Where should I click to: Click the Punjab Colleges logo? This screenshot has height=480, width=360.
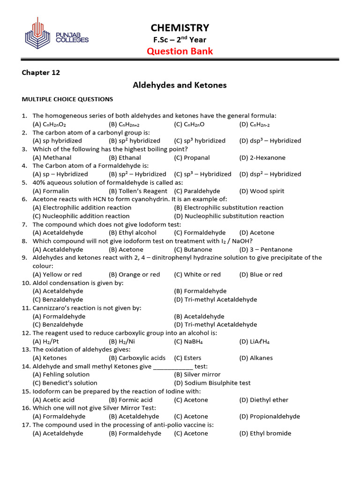(56, 33)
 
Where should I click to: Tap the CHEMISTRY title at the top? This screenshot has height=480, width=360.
(180, 28)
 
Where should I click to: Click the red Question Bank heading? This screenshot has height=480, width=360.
(180, 51)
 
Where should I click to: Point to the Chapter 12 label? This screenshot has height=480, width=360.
(41, 73)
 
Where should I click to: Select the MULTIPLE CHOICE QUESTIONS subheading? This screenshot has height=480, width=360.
(67, 99)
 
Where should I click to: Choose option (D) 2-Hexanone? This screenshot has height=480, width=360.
(262, 157)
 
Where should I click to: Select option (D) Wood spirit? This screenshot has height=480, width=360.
(262, 191)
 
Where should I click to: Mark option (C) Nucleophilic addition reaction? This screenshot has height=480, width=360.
(81, 216)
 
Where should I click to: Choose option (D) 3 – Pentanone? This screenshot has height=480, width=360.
(265, 249)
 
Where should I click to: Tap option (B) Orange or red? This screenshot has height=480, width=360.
(134, 275)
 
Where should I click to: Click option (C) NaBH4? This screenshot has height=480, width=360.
(188, 342)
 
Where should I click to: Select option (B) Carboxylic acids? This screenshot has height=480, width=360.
(137, 358)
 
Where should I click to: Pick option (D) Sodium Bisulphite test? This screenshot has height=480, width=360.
(212, 383)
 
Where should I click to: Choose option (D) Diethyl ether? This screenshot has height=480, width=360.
(263, 400)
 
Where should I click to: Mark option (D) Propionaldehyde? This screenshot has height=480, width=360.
(270, 416)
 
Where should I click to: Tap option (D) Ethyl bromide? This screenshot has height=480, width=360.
(265, 433)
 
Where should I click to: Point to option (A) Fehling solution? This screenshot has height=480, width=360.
(61, 375)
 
